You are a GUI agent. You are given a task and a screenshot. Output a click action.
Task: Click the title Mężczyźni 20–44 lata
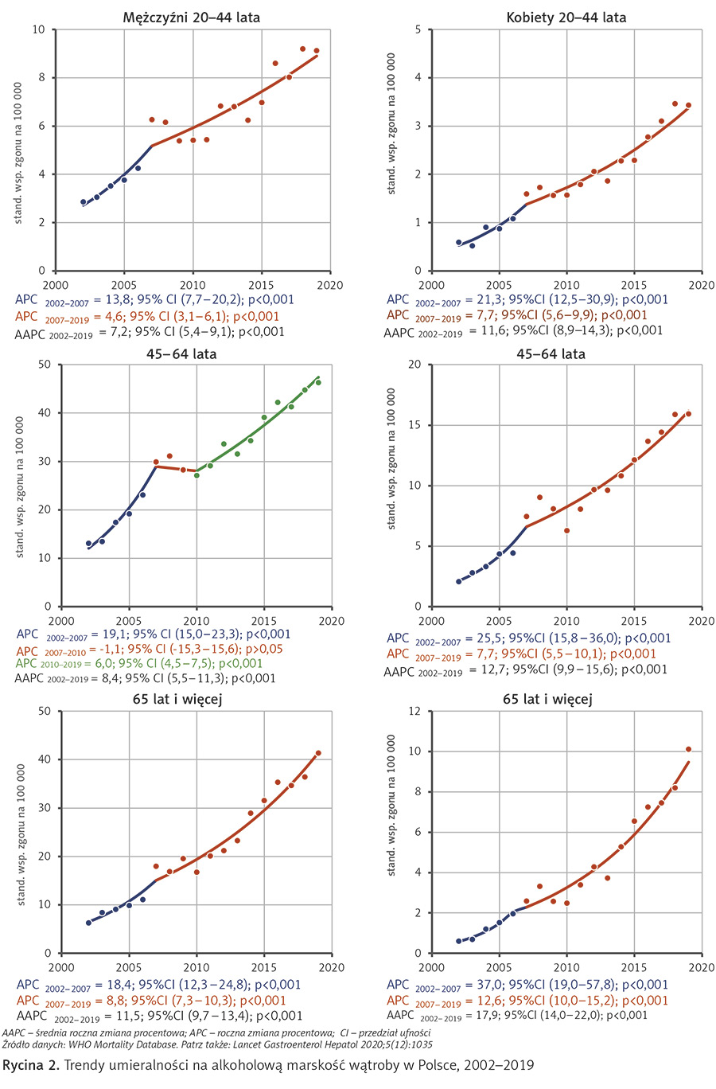[x=192, y=17]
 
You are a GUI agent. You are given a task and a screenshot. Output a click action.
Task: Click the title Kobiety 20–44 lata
[x=566, y=17]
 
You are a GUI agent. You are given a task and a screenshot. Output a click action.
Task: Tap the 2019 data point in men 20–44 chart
[x=317, y=51]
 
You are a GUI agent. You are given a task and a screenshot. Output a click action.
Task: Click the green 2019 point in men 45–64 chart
[x=318, y=382]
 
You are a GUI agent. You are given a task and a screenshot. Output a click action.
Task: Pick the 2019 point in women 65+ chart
[x=689, y=749]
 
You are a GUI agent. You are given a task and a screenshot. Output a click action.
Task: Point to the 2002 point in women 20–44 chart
[x=458, y=242]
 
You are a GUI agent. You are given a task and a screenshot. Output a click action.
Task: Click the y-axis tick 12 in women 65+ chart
[x=414, y=711]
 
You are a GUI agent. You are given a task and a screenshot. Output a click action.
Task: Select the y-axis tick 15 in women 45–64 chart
[x=414, y=425]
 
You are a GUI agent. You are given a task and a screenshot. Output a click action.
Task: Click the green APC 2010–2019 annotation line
[x=139, y=663]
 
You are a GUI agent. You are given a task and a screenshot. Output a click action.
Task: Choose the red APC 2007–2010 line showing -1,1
[x=150, y=649]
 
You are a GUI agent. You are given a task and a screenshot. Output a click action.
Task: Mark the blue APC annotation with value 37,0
[x=527, y=985]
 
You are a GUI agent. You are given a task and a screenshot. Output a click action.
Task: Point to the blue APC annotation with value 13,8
[x=154, y=300]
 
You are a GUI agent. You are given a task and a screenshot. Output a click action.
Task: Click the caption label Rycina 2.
[x=30, y=1065]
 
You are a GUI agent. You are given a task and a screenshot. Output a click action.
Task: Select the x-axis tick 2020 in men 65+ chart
[x=332, y=967]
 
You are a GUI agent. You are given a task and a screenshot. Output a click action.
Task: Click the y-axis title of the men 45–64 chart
[x=20, y=486]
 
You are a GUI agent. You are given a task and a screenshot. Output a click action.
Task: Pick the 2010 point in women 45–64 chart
[x=566, y=530]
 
